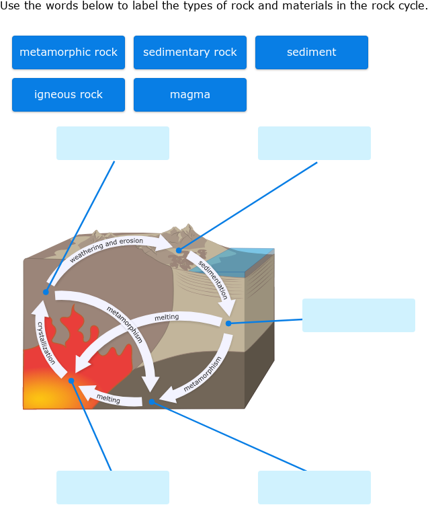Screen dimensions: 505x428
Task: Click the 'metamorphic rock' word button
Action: (x=69, y=52)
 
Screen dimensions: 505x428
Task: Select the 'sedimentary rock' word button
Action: (x=190, y=52)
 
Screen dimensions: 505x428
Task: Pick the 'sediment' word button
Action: (x=312, y=52)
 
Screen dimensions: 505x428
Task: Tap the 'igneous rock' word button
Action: (x=69, y=95)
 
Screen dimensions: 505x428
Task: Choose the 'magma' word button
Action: (x=190, y=95)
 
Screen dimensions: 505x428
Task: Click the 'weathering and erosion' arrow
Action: (x=108, y=248)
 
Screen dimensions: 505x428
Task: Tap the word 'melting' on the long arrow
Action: (x=167, y=317)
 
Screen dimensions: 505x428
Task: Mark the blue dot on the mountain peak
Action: (x=179, y=251)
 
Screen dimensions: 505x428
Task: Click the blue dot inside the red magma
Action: (x=71, y=381)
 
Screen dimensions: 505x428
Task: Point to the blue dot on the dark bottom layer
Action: (x=152, y=401)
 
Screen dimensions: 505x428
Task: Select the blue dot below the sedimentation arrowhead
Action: (x=228, y=323)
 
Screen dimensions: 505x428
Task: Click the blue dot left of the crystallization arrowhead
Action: (x=46, y=292)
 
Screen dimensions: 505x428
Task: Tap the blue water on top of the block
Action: (x=249, y=259)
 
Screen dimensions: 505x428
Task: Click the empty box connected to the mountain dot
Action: (x=314, y=143)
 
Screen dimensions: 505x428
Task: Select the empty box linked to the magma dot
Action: (x=113, y=488)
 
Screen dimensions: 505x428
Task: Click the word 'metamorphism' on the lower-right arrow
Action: (x=202, y=374)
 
